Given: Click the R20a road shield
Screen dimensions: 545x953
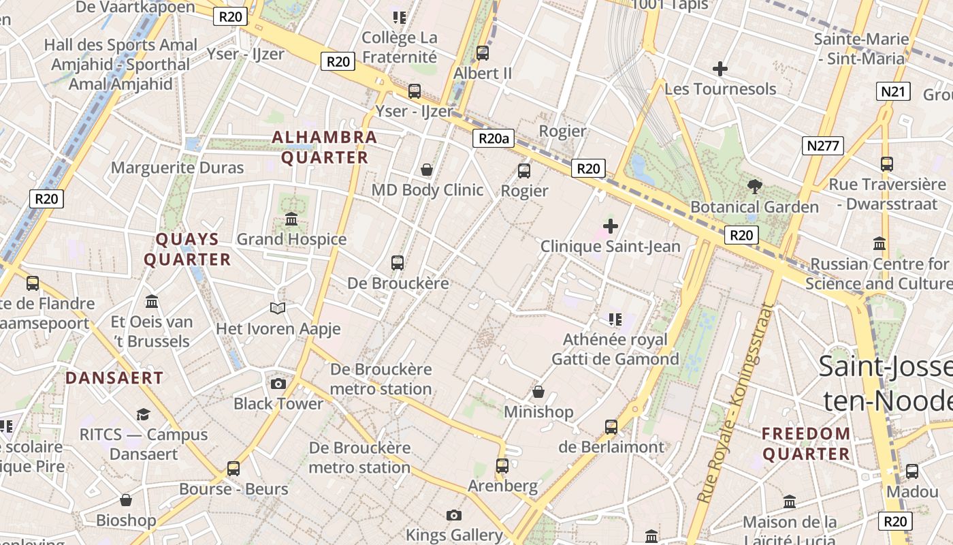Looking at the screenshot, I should coord(493,139).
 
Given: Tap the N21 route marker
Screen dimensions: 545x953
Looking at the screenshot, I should coord(892,92).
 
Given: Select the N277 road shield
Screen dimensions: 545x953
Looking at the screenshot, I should coord(823,145).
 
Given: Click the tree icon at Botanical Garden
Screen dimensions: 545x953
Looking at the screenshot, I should coord(754,186).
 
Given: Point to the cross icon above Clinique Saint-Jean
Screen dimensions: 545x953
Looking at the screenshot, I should coord(611,225).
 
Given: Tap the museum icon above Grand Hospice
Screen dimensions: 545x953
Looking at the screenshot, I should coord(291,219).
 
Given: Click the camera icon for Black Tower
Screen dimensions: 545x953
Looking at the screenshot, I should coord(278,384).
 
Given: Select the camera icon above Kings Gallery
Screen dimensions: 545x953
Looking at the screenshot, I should coord(454,515).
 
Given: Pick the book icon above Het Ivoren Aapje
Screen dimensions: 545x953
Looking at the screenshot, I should coord(277,309).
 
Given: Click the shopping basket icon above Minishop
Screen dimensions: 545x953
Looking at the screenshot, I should coord(538,392).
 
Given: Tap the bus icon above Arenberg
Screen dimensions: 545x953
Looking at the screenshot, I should coord(502,466).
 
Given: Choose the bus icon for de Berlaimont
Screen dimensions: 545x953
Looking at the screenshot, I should coord(611,427).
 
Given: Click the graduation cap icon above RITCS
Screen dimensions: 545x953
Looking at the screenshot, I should coord(143,414).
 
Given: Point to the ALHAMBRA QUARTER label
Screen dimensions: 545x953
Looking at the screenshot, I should coord(324,147).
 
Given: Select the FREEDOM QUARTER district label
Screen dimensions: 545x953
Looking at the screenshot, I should coord(806,443).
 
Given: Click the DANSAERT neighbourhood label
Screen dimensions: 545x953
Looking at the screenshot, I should coord(114,378).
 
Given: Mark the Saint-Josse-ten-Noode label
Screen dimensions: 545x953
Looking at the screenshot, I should coord(885,384).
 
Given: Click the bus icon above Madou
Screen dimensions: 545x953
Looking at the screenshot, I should coord(912,471).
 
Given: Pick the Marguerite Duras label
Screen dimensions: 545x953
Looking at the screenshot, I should coord(177,168).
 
